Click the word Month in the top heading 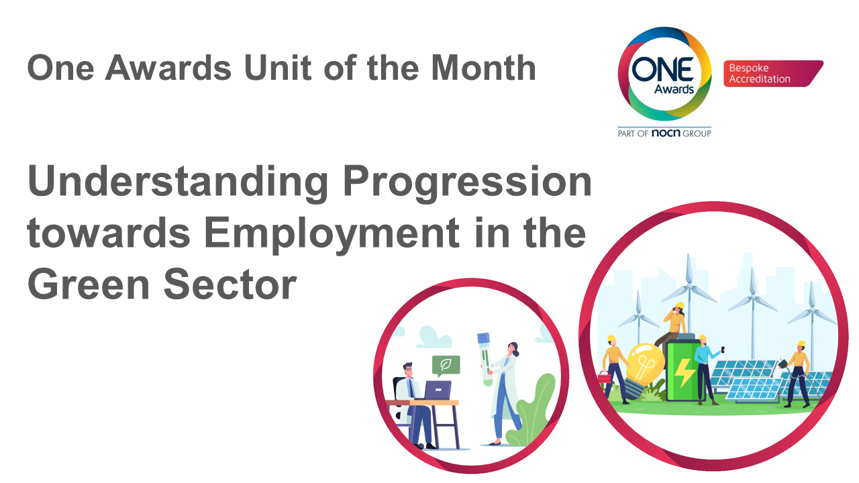(483, 68)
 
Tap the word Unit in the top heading (278, 68)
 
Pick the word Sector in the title (230, 284)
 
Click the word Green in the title (88, 284)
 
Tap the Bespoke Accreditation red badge (773, 73)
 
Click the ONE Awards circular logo (664, 74)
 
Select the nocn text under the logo (666, 133)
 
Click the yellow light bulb (644, 370)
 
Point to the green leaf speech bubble (446, 365)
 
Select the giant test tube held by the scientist (485, 359)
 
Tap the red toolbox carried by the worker (605, 377)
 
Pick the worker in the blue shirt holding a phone (705, 370)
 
